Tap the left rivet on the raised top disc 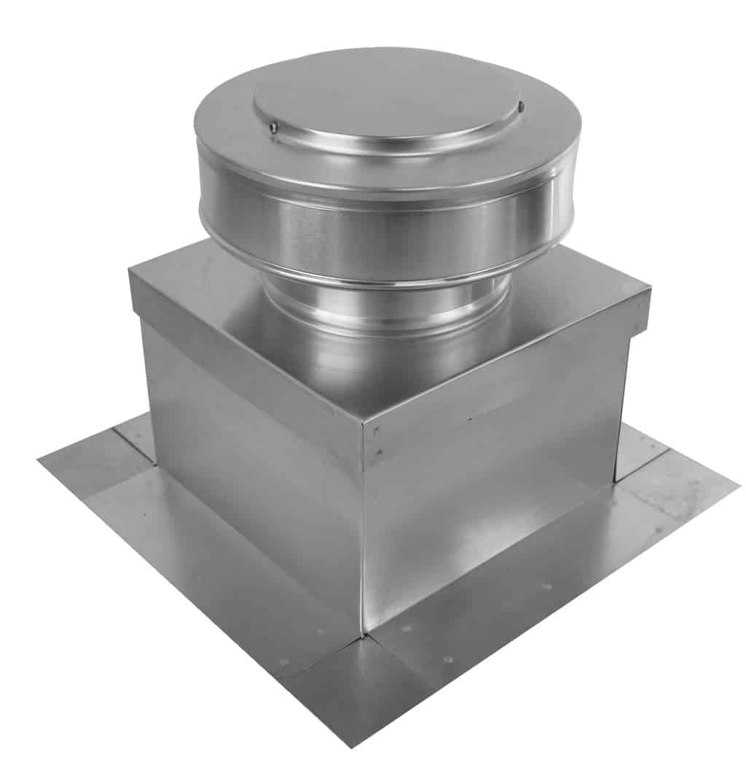tap(272, 130)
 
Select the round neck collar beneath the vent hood tap(386, 306)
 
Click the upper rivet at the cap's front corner tap(376, 432)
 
